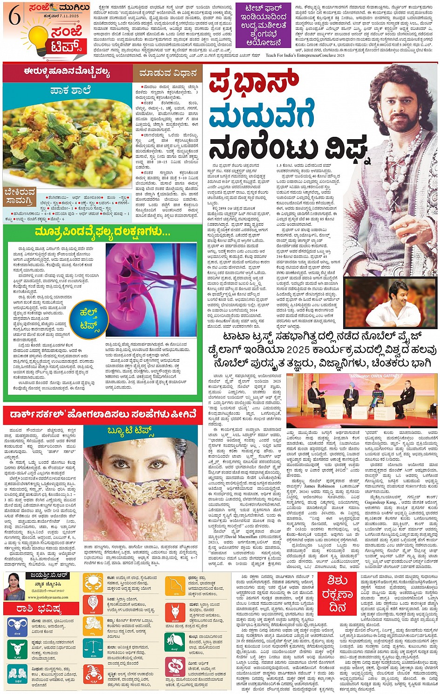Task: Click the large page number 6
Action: click(x=14, y=17)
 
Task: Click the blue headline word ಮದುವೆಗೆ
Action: click(x=261, y=116)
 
